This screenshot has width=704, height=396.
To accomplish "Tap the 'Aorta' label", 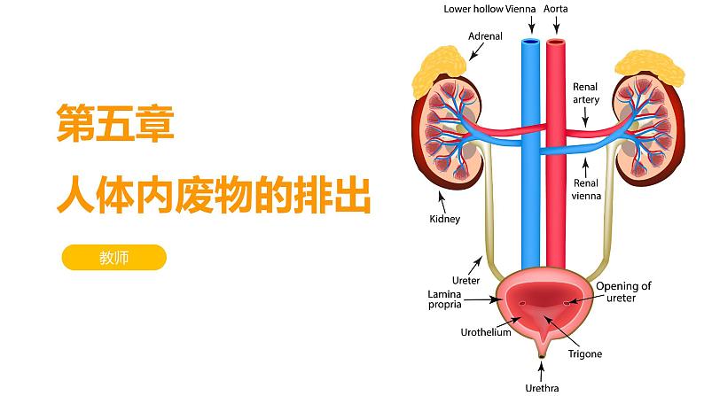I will (x=556, y=10).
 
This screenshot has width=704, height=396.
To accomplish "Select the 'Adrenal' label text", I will (x=485, y=36).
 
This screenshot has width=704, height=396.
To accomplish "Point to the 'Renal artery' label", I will (x=586, y=93).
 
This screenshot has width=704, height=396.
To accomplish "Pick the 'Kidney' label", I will (x=444, y=219).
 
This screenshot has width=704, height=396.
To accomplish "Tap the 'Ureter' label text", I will (x=465, y=280).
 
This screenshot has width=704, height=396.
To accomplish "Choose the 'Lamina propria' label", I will (x=444, y=299).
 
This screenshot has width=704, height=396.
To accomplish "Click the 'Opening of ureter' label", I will (x=623, y=292).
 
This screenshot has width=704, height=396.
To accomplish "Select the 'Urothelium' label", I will (x=486, y=333).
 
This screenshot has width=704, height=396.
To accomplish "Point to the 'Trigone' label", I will (x=584, y=353).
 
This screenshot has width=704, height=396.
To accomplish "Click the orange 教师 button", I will (x=114, y=258).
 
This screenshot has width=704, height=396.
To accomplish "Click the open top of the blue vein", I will (x=530, y=41).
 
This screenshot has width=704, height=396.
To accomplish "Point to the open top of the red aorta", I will (x=556, y=41).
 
